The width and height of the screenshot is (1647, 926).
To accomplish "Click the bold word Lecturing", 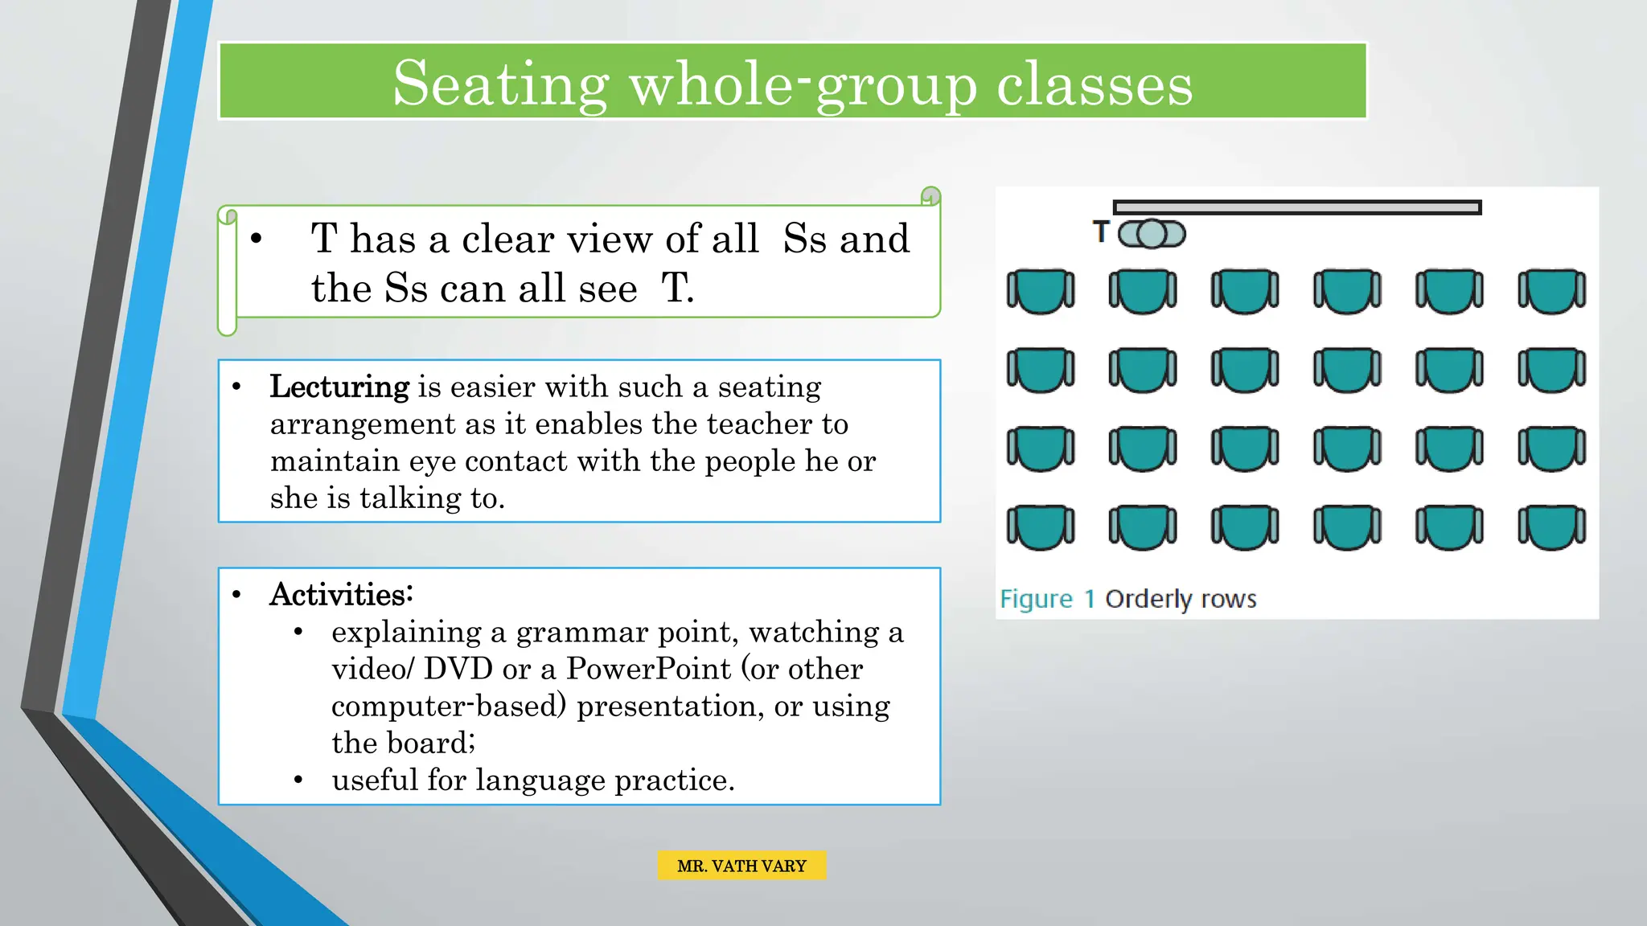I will pyautogui.click(x=339, y=387).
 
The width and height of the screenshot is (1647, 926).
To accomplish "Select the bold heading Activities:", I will pyautogui.click(x=341, y=595).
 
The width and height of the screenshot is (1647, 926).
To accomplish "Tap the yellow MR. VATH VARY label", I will pyautogui.click(x=741, y=866).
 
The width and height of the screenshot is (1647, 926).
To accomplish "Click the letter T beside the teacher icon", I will pyautogui.click(x=1101, y=232).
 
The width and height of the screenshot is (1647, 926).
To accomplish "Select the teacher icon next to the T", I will pyautogui.click(x=1152, y=234).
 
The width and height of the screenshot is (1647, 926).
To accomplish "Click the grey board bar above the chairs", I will pyautogui.click(x=1296, y=207).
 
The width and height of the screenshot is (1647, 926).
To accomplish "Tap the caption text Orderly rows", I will pyautogui.click(x=1181, y=599).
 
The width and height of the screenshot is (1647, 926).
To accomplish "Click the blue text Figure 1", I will pyautogui.click(x=1047, y=599).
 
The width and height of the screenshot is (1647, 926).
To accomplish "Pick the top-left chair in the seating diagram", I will pyautogui.click(x=1041, y=291).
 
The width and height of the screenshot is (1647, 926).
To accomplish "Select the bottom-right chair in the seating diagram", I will pyautogui.click(x=1551, y=527).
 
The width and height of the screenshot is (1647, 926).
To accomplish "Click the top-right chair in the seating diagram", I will pyautogui.click(x=1551, y=291).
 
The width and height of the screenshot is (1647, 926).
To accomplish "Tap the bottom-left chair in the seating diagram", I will pyautogui.click(x=1041, y=527).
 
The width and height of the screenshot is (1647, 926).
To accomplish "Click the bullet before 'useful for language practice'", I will pyautogui.click(x=298, y=780).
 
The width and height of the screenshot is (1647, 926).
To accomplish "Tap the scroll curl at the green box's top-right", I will pyautogui.click(x=930, y=195).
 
